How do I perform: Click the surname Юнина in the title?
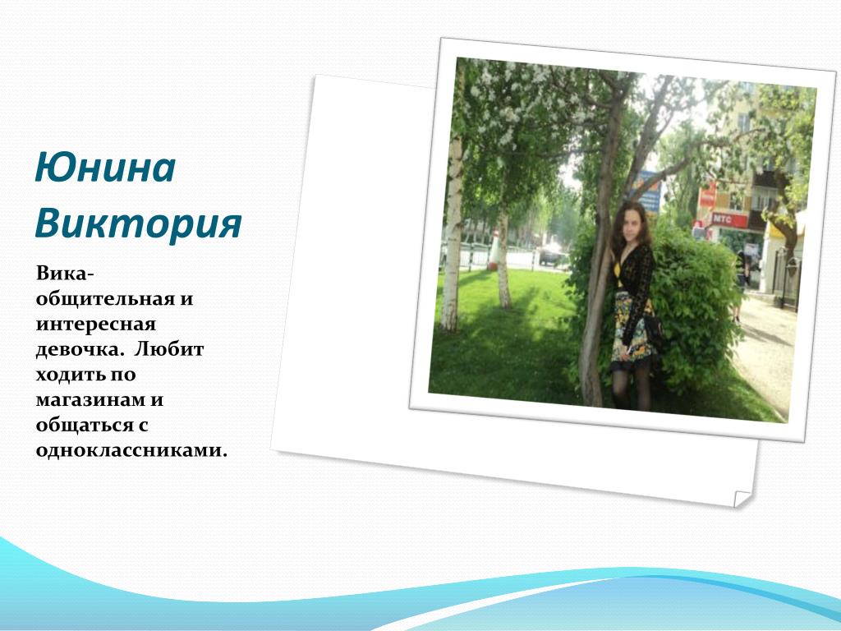105,168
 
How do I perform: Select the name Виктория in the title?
138,223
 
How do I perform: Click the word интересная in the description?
96,325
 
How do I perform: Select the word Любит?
169,348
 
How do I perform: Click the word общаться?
85,425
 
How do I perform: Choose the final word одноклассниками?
132,450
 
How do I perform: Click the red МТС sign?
729,219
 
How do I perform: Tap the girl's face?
631,222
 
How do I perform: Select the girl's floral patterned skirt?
633,327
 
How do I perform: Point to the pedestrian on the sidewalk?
742,285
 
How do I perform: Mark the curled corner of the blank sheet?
742,499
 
